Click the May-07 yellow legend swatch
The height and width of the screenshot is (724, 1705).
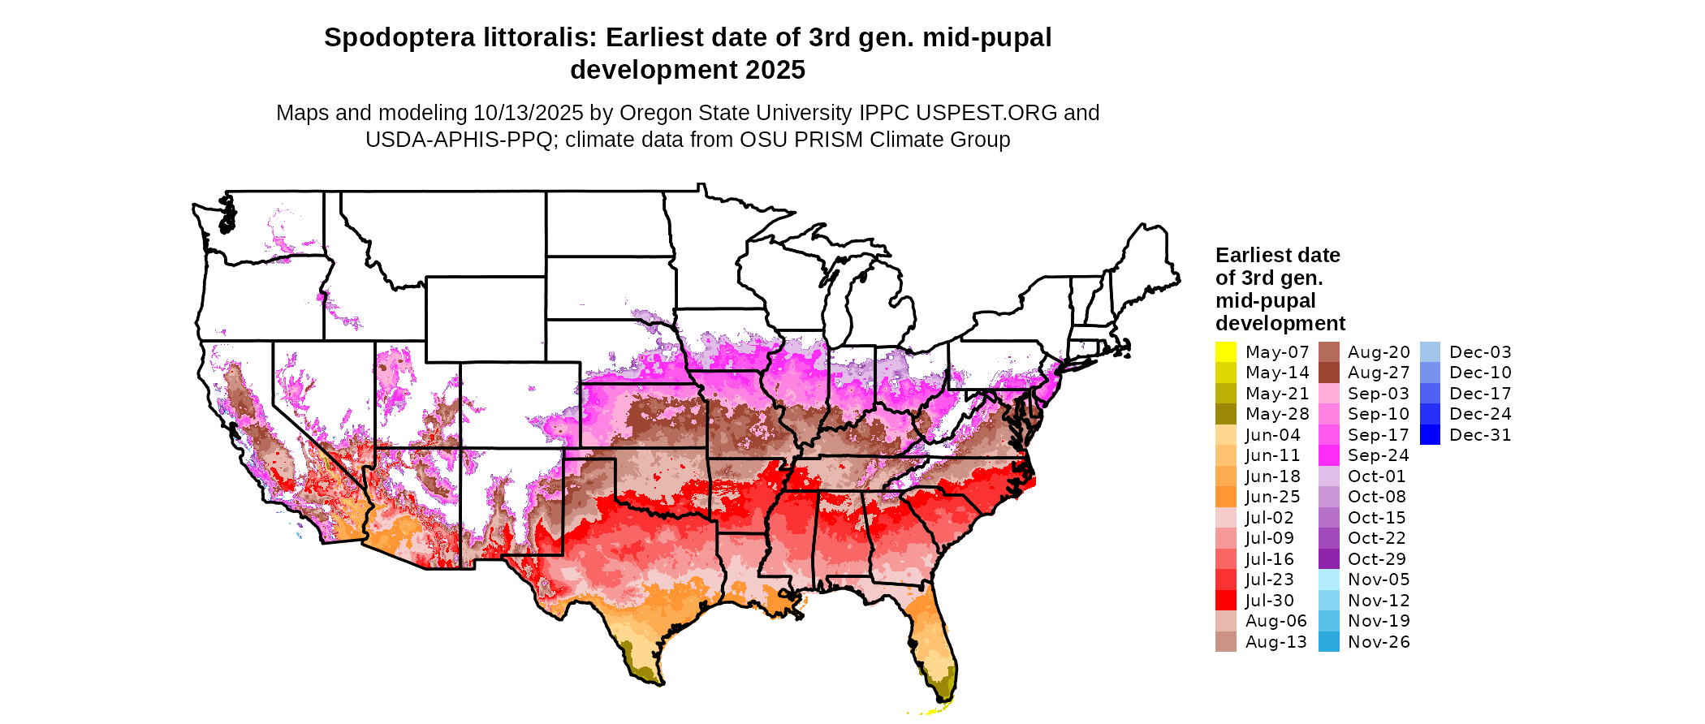pos(1225,352)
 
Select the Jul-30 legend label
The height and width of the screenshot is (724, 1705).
pos(1269,601)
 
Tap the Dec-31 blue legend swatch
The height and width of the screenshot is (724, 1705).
pos(1430,435)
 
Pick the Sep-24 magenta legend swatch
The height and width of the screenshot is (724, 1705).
pos(1328,455)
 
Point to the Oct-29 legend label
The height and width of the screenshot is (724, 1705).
pos(1376,559)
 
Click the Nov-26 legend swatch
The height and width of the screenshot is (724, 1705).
pos(1328,642)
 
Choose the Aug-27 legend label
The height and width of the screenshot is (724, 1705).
pos(1379,373)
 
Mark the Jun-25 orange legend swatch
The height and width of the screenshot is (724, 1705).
pos(1225,497)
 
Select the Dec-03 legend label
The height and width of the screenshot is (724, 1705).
pos(1480,352)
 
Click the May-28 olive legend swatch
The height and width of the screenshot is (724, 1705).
pos(1225,414)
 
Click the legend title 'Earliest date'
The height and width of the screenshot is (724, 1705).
pos(1277,256)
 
